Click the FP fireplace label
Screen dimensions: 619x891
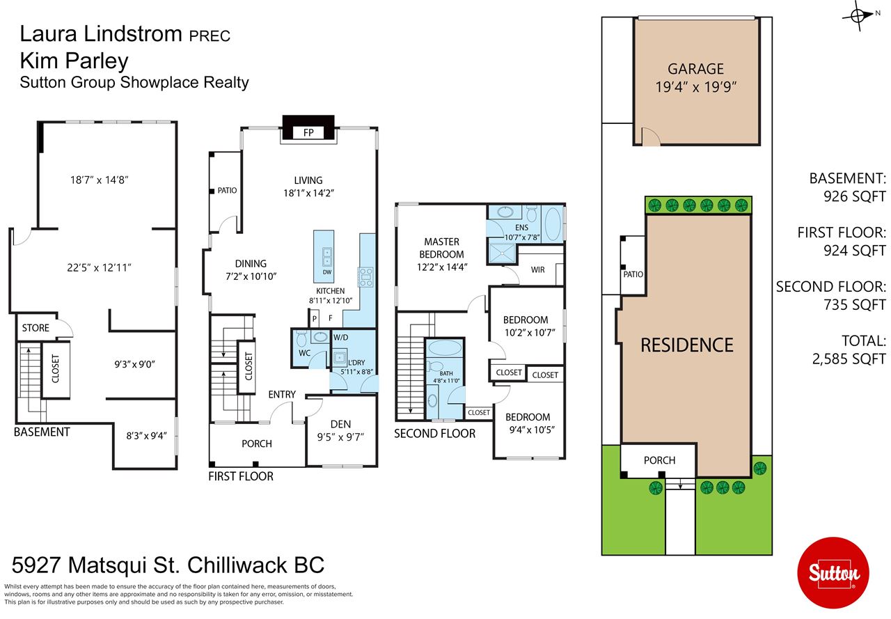pos(307,132)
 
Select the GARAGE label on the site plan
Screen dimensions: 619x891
pos(695,69)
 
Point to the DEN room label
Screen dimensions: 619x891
pos(340,424)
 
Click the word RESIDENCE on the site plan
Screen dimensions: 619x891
pos(687,345)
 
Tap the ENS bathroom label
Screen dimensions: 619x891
pos(522,228)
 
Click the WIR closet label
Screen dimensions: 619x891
pos(538,269)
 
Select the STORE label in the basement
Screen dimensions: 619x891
pos(36,328)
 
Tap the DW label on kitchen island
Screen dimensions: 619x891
pos(326,272)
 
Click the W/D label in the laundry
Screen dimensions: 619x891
pos(340,338)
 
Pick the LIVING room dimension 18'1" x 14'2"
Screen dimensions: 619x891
pos(308,194)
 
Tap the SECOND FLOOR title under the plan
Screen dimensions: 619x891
pos(434,433)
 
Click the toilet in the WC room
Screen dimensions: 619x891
pos(301,340)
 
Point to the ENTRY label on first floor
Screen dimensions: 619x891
pos(282,395)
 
